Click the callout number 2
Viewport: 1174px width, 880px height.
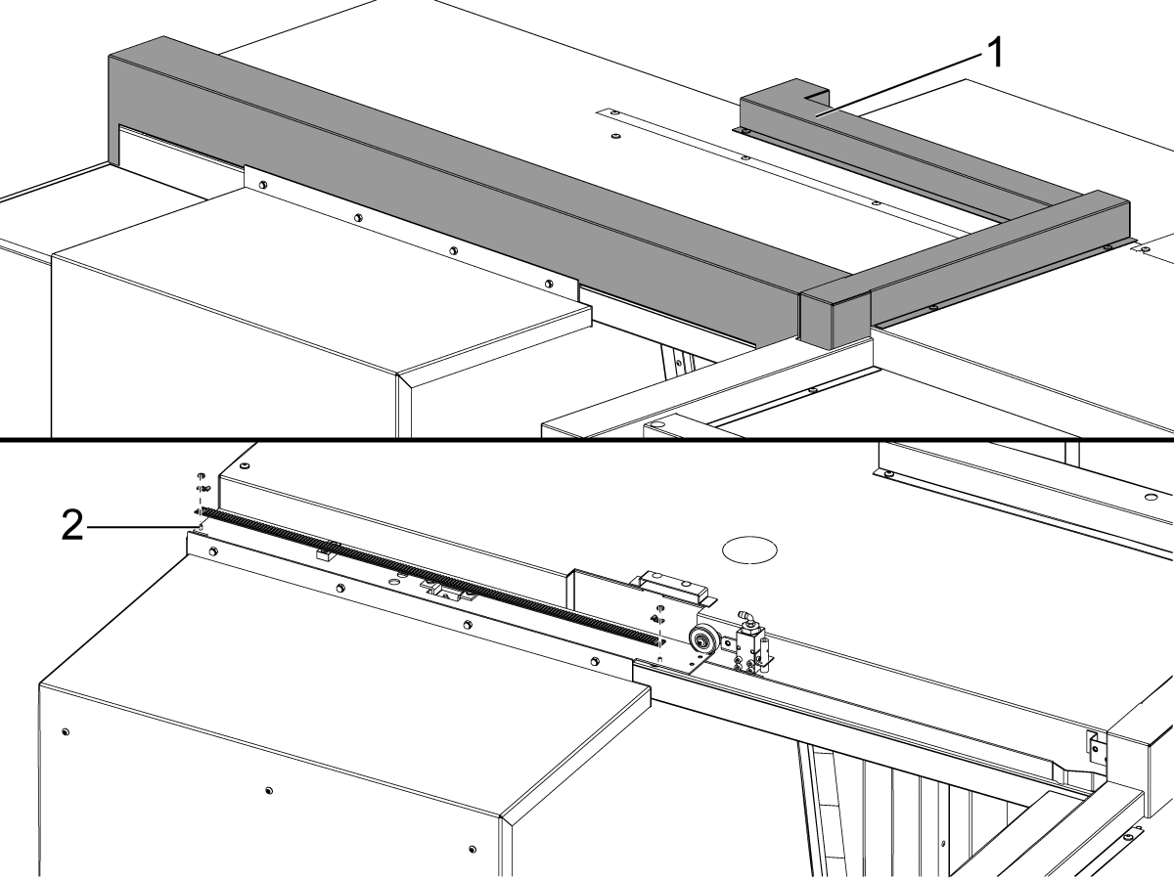[72, 528]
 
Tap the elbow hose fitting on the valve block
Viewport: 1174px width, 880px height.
[745, 618]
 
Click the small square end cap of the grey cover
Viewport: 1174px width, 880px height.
[835, 319]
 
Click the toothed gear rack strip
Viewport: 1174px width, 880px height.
[430, 577]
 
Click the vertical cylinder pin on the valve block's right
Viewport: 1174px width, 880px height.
[763, 647]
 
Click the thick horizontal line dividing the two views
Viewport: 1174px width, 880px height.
[587, 439]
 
